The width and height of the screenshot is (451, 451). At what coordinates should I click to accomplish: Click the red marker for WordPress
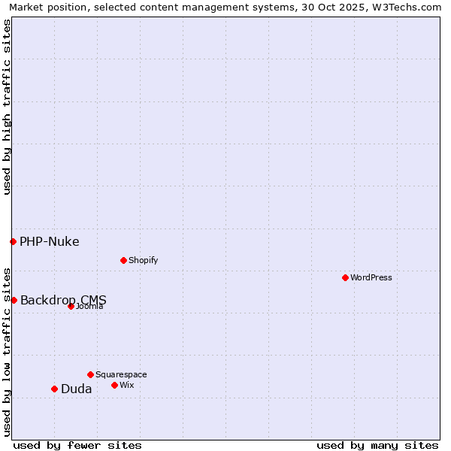[345, 277]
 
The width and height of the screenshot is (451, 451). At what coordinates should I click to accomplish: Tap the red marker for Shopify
[123, 260]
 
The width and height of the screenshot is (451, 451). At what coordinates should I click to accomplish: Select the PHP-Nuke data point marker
[13, 241]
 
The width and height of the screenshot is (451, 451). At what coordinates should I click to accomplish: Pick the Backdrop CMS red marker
[14, 300]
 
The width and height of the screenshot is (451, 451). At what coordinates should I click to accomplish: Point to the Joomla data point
[71, 306]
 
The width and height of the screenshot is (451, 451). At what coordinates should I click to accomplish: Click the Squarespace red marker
[90, 374]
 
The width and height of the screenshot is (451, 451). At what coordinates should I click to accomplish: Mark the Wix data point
[114, 385]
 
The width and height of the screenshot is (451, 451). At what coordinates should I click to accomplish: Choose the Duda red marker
[54, 389]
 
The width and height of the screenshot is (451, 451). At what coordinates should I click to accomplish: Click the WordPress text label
[371, 277]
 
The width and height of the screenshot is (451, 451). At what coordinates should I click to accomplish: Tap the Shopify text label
[143, 260]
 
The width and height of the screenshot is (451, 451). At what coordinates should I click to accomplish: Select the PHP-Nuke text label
[50, 241]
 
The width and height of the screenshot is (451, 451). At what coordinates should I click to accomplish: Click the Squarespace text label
[121, 374]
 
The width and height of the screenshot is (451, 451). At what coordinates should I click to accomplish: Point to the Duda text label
[77, 389]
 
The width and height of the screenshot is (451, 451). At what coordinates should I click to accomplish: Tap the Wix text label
[127, 385]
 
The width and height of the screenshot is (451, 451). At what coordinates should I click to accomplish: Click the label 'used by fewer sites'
[77, 445]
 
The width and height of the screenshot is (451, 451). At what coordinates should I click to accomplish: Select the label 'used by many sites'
[377, 445]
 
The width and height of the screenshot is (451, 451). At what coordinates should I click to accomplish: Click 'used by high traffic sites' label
[8, 107]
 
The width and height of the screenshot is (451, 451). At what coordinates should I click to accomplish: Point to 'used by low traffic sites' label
[8, 351]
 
